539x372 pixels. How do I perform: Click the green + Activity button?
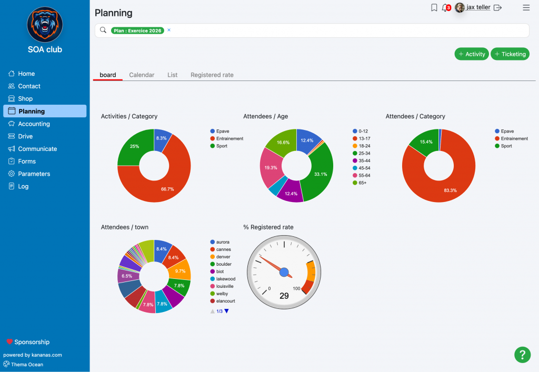point(471,54)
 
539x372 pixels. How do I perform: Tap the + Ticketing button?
point(510,54)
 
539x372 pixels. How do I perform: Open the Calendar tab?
point(142,75)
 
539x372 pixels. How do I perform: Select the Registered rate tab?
point(212,75)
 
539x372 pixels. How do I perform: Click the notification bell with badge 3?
point(446,7)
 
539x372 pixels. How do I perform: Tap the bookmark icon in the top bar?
point(434,7)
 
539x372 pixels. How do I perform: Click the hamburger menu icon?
point(526,7)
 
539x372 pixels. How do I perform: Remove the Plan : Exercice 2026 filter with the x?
point(169,30)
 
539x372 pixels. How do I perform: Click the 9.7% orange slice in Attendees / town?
point(180,270)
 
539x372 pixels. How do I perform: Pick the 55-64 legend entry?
point(361,176)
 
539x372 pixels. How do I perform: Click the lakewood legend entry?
point(223,279)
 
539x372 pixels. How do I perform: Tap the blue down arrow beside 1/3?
point(226,311)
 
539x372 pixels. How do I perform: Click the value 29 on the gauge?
point(284,296)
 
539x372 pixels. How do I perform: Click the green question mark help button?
point(522,355)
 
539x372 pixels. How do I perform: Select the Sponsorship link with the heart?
point(28,342)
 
